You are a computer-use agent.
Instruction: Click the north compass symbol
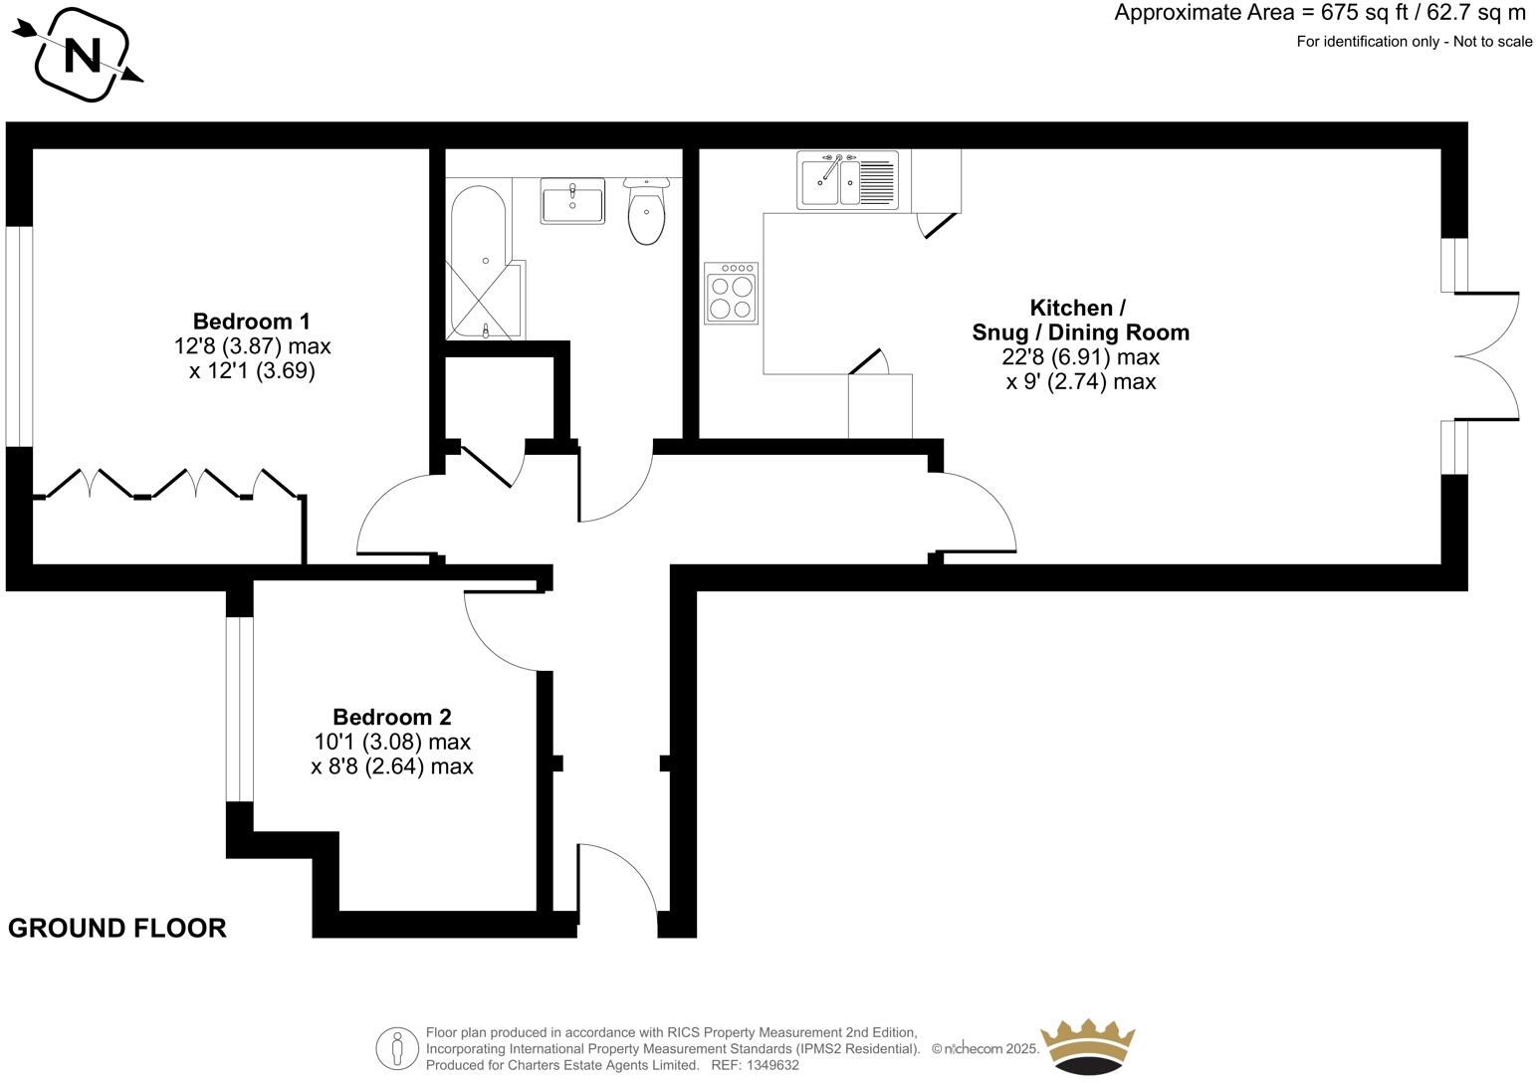[x=82, y=55]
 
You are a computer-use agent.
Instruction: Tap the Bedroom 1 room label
[x=251, y=322]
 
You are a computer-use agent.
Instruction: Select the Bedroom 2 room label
[x=391, y=717]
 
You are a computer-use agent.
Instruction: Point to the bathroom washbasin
[x=572, y=201]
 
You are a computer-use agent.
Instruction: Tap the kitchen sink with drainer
[x=847, y=180]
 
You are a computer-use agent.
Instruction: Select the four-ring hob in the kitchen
[x=731, y=293]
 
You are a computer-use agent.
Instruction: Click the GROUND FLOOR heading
[x=117, y=928]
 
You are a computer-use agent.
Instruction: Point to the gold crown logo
[x=1087, y=1045]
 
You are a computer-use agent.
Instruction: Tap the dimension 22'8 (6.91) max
[x=1080, y=356]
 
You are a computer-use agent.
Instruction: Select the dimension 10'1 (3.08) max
[x=391, y=742]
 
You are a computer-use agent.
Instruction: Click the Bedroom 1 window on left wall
[x=20, y=336]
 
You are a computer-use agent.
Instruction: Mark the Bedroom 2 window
[x=239, y=709]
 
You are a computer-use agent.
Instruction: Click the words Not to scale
[x=1492, y=41]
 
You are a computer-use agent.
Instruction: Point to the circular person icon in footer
[x=397, y=1048]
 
